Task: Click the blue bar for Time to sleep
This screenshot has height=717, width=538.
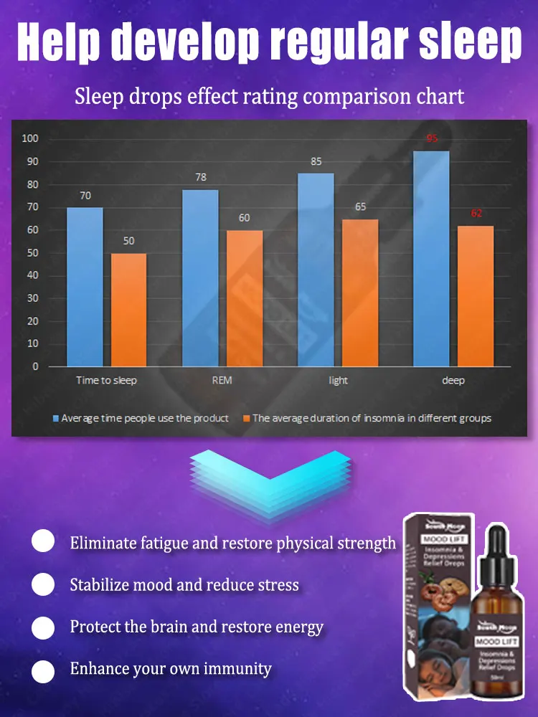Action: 85,287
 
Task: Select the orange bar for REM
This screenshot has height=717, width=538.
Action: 245,298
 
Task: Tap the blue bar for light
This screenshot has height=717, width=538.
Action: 316,270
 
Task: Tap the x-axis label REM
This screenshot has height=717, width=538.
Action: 222,380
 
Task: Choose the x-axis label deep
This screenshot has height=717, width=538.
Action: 453,380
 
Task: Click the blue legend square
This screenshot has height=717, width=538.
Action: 55,418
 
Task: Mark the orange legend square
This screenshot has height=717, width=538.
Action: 246,418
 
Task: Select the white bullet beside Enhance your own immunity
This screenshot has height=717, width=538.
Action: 43,670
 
